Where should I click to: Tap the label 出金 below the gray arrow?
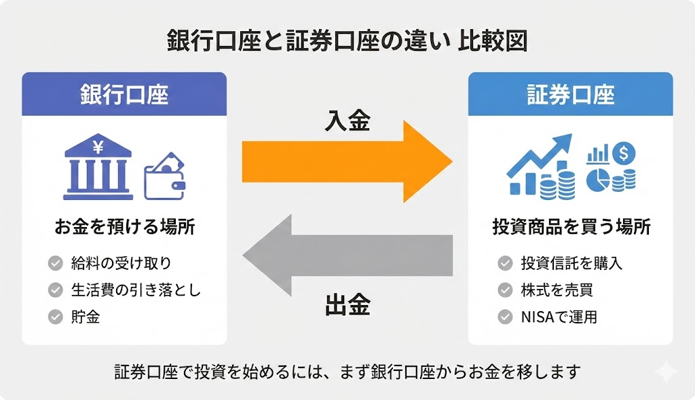[347, 306]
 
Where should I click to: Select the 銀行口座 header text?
[124, 95]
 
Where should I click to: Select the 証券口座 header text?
[571, 95]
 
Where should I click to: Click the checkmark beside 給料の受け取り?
[56, 263]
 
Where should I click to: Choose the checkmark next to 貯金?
[56, 316]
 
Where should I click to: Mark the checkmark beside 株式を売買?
[504, 289]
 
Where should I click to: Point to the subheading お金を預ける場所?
[124, 227]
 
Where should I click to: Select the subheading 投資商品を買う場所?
[571, 227]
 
